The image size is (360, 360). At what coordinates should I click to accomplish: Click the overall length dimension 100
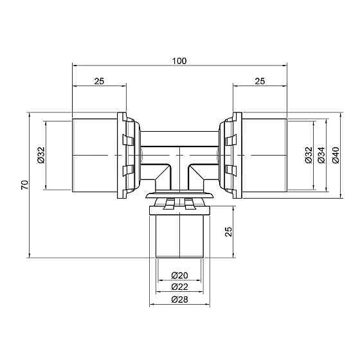click(x=179, y=60)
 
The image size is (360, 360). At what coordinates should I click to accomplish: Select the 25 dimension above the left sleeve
click(x=99, y=81)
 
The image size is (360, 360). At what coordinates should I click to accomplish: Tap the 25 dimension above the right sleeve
click(x=260, y=81)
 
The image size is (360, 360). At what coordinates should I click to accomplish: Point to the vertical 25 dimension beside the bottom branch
click(x=228, y=231)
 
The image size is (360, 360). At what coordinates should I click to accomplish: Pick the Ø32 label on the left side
click(x=40, y=156)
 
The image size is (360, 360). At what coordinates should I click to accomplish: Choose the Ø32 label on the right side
click(x=308, y=156)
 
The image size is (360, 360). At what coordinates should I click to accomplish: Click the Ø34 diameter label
click(x=321, y=156)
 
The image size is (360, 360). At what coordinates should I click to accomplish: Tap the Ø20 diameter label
click(x=179, y=275)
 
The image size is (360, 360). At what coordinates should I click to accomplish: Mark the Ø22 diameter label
click(x=179, y=287)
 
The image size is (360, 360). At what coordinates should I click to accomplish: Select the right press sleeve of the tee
click(x=264, y=156)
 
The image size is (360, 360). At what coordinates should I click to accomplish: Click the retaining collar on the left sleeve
click(x=127, y=156)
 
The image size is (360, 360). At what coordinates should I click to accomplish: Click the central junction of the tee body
click(x=179, y=157)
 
